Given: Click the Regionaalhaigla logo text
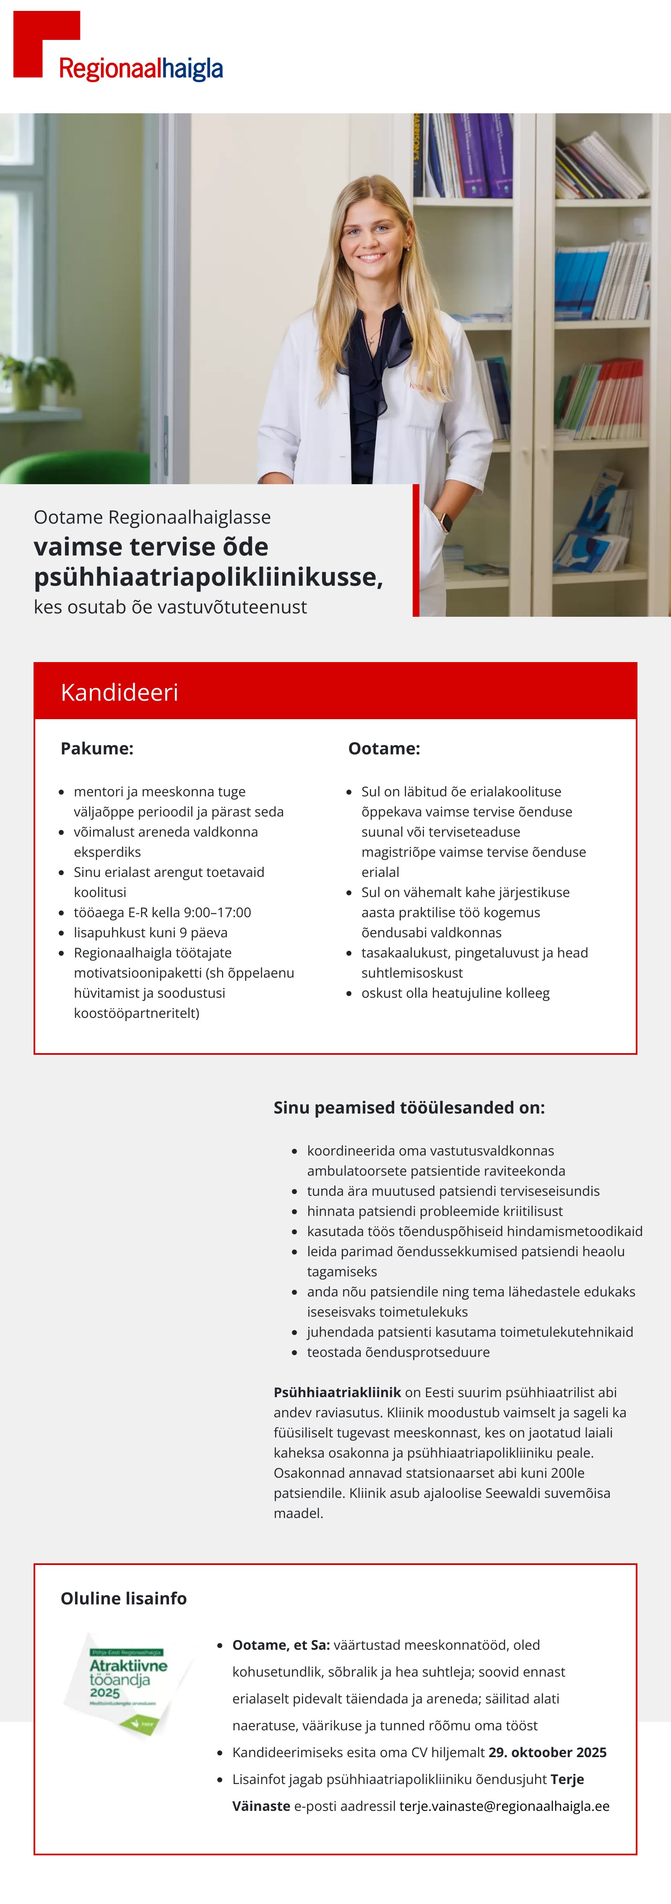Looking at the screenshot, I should tap(140, 69).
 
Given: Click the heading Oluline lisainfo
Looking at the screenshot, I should tap(123, 1598).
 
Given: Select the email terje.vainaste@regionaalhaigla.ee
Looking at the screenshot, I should tap(504, 1806).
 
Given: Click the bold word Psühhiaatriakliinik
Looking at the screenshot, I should tap(337, 1392).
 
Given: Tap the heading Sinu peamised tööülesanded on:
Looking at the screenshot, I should tap(408, 1107).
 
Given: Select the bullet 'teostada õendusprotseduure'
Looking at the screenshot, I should tap(398, 1352).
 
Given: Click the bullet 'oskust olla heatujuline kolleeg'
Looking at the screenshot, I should tap(455, 993).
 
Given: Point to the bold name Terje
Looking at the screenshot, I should tap(567, 1779).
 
